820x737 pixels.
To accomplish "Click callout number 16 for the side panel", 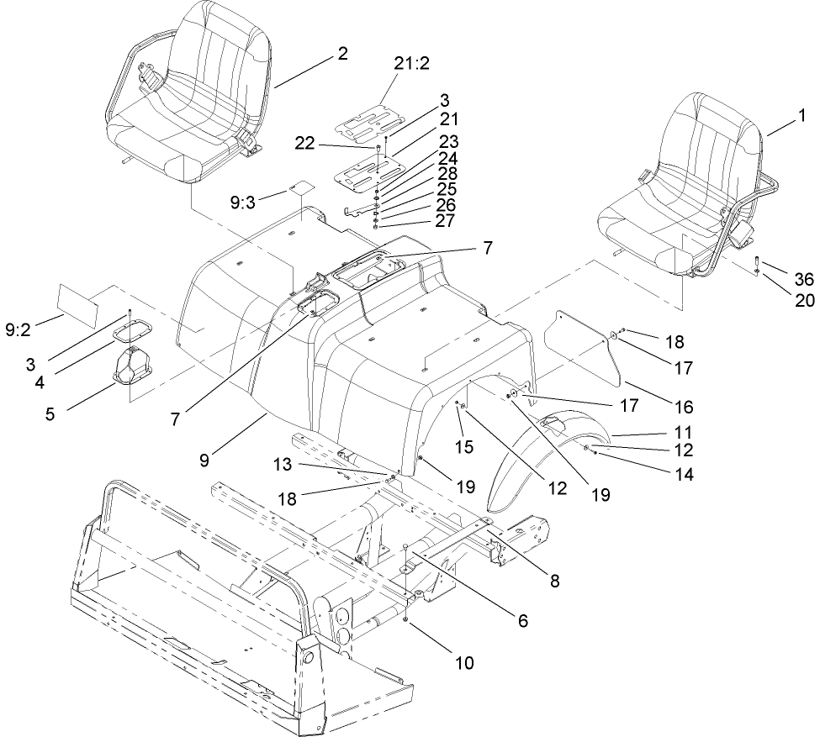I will (x=685, y=407).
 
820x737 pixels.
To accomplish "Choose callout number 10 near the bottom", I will (x=463, y=662).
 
